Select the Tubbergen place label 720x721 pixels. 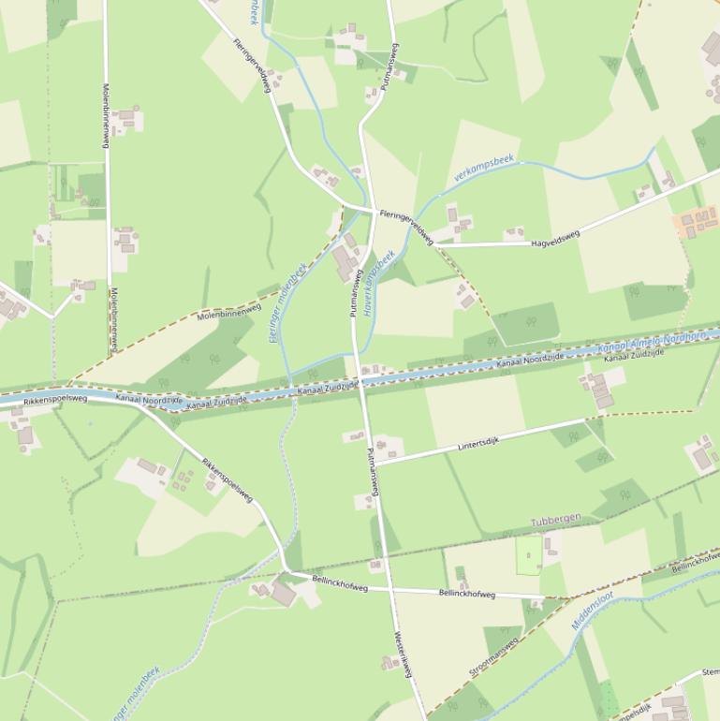pos(555,518)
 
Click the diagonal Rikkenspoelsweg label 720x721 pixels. pos(228,479)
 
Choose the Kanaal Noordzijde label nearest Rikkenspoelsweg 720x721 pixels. pos(149,400)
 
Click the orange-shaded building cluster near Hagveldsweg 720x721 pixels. pos(696,222)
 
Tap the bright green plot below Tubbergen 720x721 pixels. pos(529,553)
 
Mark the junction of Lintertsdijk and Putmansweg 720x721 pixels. pos(375,463)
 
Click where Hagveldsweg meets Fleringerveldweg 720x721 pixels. pos(435,245)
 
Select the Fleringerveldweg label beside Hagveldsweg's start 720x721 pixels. pos(405,228)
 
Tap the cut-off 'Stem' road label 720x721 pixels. pos(710,671)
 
